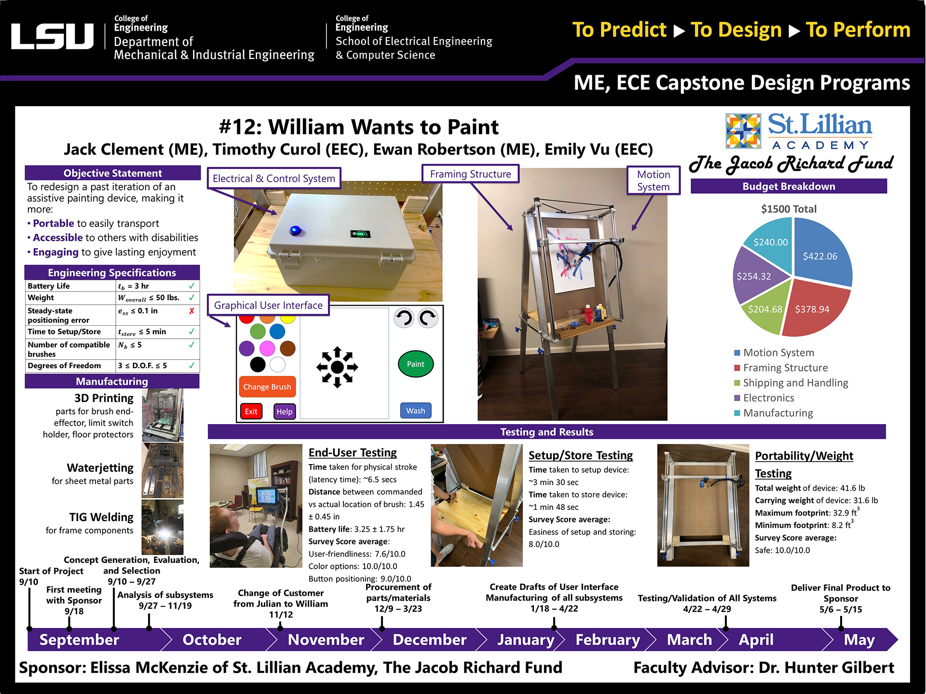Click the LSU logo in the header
[x=52, y=37]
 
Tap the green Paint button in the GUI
[x=415, y=364]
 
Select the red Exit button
[x=251, y=412]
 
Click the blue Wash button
[x=415, y=411]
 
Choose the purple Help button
[x=284, y=412]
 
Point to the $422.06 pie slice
[x=820, y=255]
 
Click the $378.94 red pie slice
[x=812, y=309]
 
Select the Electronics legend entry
[x=768, y=398]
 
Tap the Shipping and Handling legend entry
[x=795, y=383]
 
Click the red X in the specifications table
[x=191, y=311]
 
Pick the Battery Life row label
[x=49, y=286]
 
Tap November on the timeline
[x=326, y=640]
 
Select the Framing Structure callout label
[x=470, y=174]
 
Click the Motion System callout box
[x=653, y=180]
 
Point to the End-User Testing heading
[x=353, y=453]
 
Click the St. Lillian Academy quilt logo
[x=743, y=131]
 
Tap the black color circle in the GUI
[x=258, y=364]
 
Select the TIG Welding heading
[x=101, y=517]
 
